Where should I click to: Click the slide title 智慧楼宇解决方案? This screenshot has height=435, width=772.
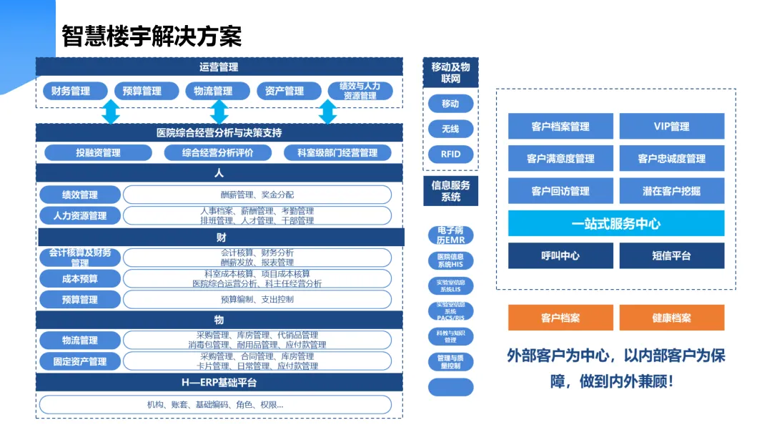(x=152, y=36)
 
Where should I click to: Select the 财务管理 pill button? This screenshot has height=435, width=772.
(x=71, y=91)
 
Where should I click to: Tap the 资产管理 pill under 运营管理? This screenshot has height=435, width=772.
(x=284, y=91)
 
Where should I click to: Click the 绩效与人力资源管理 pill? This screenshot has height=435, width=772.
(x=360, y=91)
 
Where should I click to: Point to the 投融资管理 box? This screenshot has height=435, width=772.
(x=98, y=152)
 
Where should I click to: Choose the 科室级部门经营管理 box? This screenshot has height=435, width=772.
(x=337, y=152)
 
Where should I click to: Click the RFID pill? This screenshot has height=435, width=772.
(x=450, y=154)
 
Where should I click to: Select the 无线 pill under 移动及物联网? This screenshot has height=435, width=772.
(x=450, y=129)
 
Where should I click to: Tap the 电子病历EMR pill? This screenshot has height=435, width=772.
(x=450, y=235)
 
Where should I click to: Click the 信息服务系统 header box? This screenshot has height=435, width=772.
(x=450, y=191)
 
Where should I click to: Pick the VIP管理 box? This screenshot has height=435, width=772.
(x=671, y=127)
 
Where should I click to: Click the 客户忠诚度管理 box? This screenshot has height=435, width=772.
(x=671, y=159)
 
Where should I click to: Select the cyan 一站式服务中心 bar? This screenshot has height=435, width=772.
(x=615, y=223)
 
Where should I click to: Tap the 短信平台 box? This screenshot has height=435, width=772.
(x=671, y=255)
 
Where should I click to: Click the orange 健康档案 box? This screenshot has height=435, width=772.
(x=671, y=318)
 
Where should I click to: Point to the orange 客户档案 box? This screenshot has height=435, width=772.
(x=560, y=318)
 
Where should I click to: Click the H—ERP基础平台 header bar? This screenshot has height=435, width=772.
(x=219, y=382)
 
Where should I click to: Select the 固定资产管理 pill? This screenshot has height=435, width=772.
(x=79, y=361)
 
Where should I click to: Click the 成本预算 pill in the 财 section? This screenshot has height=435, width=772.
(x=79, y=278)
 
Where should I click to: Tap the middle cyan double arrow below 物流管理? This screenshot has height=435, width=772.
(x=219, y=112)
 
